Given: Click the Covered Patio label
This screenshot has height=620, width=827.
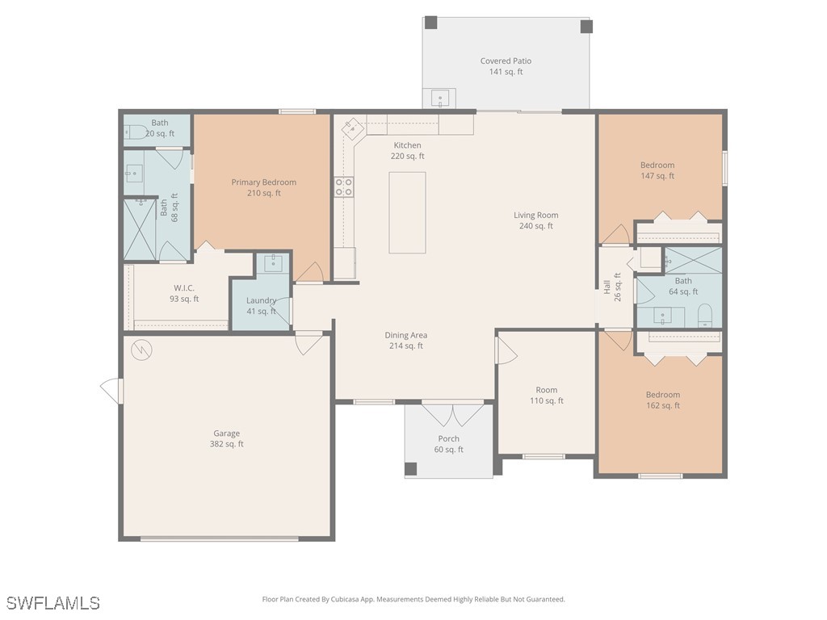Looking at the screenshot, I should [506, 66].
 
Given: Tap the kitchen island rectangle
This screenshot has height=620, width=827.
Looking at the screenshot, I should [407, 212].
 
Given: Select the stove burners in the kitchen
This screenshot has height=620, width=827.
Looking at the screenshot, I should [344, 187].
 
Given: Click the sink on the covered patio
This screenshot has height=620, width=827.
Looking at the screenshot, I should [441, 98].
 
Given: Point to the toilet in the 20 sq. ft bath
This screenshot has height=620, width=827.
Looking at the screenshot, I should [136, 132].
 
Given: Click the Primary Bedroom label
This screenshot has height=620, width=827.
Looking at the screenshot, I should [263, 187].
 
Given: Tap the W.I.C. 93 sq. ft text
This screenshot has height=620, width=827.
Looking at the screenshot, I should [184, 293].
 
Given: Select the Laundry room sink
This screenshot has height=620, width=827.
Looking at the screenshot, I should [273, 262].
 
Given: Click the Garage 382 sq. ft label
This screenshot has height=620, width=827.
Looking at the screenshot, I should [226, 438].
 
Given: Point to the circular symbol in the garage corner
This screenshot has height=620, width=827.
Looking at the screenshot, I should [142, 350].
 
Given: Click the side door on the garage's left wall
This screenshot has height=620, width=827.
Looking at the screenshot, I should [112, 391].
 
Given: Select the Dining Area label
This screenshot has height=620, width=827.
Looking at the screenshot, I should [405, 340].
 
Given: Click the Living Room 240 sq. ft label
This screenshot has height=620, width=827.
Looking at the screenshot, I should [535, 220].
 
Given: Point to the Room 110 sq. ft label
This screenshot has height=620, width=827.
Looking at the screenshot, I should [546, 395].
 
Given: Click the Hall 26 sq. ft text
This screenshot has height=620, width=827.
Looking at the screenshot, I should [612, 286].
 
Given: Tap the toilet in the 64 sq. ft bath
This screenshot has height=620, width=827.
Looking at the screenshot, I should [704, 315].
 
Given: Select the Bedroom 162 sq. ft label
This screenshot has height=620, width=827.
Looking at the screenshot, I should [662, 400].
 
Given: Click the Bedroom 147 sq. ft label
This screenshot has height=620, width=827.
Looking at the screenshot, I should [657, 170].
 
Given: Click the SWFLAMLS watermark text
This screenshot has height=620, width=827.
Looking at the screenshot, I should [53, 603].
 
